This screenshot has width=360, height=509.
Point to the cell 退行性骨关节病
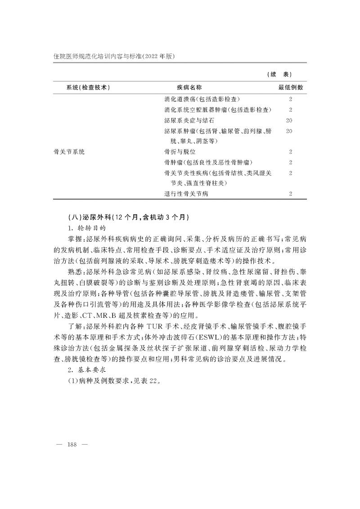[186, 194]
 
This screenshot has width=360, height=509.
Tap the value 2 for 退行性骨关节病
[291, 194]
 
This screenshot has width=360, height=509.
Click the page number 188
[72, 445]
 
